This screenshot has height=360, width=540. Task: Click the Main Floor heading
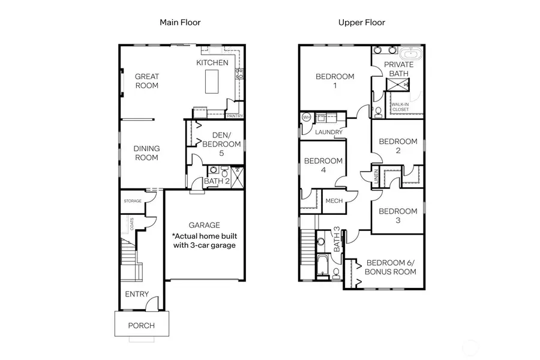pos(179,22)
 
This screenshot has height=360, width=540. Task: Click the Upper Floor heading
pos(362,22)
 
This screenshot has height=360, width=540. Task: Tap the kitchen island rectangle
pos(212,82)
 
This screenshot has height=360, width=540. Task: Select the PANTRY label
pos(235,116)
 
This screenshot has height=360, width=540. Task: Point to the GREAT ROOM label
pos(146,81)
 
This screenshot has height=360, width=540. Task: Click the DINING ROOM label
pos(146,153)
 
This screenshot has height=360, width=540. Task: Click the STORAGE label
pos(133,201)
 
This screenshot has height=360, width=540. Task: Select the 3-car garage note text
pos(204,240)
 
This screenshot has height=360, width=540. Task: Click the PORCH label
pos(142,326)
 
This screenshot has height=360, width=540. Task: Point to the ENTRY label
pos(137,294)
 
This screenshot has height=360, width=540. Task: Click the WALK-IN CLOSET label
pos(400,107)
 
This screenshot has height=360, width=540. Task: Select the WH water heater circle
pos(306,117)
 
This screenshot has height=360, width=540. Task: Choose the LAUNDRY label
pos(328,132)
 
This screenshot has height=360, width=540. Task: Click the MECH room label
pos(334,201)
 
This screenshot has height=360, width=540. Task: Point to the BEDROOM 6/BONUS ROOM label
pos(391,267)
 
